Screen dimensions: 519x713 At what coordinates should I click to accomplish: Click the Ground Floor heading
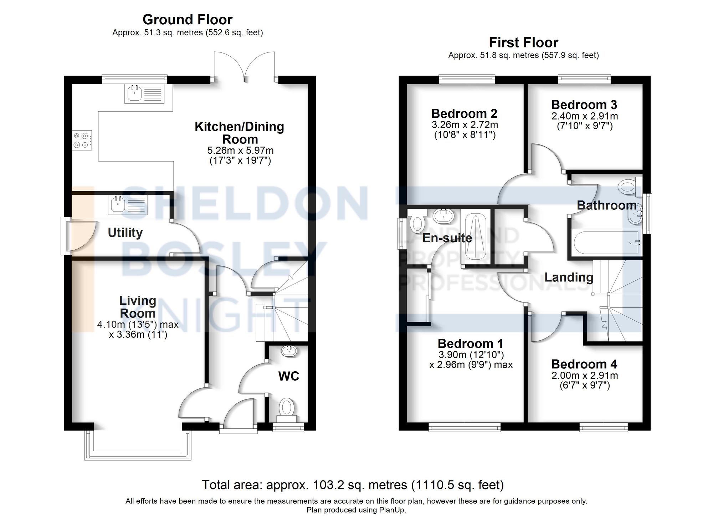coord(187,19)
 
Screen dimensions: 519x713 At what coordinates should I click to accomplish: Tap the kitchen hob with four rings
coord(81,140)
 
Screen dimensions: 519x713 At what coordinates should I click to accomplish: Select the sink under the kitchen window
coord(135,93)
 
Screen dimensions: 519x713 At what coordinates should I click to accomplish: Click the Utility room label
coord(125,233)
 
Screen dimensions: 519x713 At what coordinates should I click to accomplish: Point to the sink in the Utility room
coord(118,205)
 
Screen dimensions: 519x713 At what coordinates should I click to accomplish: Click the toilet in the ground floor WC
coord(286,408)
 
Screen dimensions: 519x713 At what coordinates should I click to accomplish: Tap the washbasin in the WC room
coord(289,351)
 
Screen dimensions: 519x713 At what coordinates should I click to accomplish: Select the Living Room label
coord(138,307)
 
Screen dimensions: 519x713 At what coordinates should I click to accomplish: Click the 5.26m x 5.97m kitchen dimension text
coord(240,151)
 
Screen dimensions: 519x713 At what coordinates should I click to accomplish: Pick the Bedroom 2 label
coord(464,113)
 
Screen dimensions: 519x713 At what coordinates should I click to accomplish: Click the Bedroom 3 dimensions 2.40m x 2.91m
coord(585,116)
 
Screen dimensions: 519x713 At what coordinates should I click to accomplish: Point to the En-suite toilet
coord(417,223)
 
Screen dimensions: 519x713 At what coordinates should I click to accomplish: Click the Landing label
coord(569,277)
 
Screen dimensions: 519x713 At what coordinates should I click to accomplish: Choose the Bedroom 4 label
coord(584,364)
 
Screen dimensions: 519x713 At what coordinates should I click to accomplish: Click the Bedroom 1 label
coord(470,344)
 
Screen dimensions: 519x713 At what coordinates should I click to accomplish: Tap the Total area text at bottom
coord(353,485)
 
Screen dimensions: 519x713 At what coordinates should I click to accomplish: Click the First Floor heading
coord(523,42)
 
